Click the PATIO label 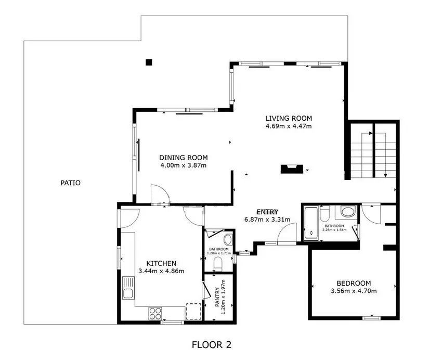(x=70, y=183)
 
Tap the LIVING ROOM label (x=289, y=118)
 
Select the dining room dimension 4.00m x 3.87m (x=184, y=165)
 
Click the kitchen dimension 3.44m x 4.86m (x=161, y=271)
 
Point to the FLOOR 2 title (x=212, y=345)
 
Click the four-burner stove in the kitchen (x=155, y=313)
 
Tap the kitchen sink (x=128, y=288)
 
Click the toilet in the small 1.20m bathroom (x=218, y=263)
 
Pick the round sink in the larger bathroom (x=347, y=212)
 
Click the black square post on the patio (x=149, y=62)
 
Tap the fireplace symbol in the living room (x=292, y=169)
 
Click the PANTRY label (x=217, y=297)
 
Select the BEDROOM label (x=354, y=283)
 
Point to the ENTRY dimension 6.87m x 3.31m (x=267, y=220)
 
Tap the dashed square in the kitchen (x=194, y=311)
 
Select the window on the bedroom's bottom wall (x=371, y=318)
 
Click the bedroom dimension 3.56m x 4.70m (x=354, y=291)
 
